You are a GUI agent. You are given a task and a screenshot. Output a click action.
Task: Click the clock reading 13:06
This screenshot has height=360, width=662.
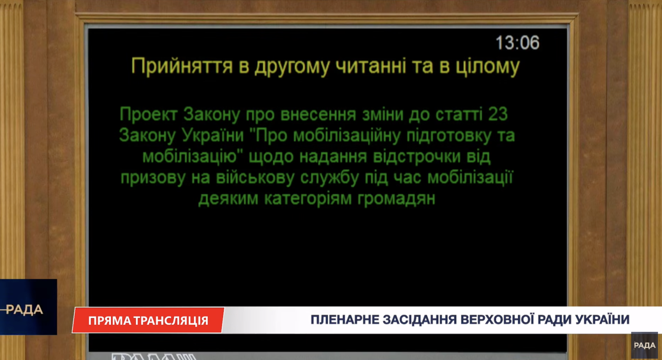[518, 43]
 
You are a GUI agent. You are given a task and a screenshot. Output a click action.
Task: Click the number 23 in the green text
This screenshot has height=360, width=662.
[498, 114]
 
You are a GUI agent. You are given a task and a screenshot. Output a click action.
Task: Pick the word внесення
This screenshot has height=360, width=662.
[318, 115]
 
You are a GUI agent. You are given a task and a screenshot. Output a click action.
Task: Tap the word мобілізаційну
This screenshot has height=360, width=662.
[347, 136]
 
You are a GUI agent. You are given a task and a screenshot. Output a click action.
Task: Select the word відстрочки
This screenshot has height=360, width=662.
[417, 157]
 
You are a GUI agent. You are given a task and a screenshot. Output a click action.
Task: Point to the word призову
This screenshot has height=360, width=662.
[153, 178]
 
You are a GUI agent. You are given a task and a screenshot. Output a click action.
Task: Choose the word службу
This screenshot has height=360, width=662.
[329, 178]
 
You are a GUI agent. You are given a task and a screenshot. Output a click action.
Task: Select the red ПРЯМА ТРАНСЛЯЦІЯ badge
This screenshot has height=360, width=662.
[148, 320]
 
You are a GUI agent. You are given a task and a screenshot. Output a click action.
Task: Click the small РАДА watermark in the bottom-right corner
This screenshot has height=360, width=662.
[645, 345]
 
